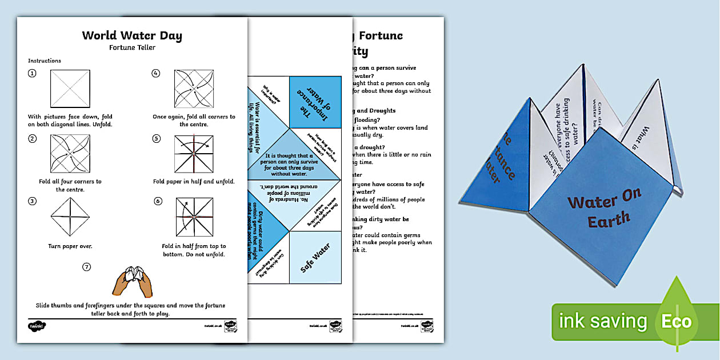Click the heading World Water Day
(132, 35)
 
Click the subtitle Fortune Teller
(132, 47)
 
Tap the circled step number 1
(32, 73)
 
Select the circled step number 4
(155, 73)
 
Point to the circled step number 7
(86, 266)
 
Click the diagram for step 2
(70, 154)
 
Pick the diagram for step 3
(70, 217)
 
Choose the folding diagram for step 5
(194, 154)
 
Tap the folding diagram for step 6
(194, 217)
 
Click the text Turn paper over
(70, 246)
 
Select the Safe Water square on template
(315, 257)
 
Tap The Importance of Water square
(316, 101)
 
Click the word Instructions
(45, 61)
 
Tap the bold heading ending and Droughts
(374, 110)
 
